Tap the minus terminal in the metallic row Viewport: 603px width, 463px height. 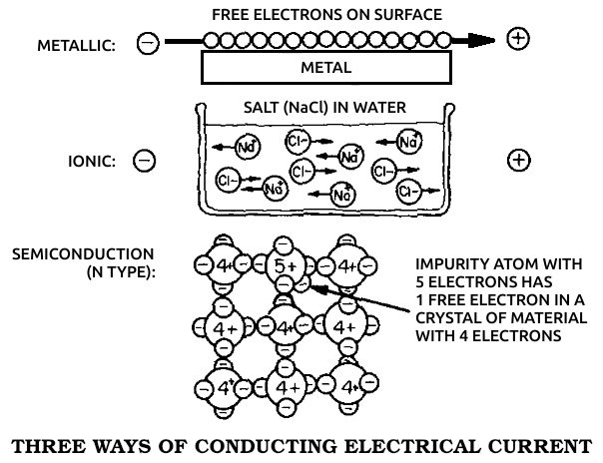coord(148,44)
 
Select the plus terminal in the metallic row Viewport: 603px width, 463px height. coord(518,40)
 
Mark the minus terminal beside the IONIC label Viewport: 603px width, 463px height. coord(144,161)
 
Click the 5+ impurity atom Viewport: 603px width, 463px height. coord(287,266)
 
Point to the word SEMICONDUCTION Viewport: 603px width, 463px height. coord(83,254)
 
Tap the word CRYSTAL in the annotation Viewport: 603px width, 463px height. coord(444,317)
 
